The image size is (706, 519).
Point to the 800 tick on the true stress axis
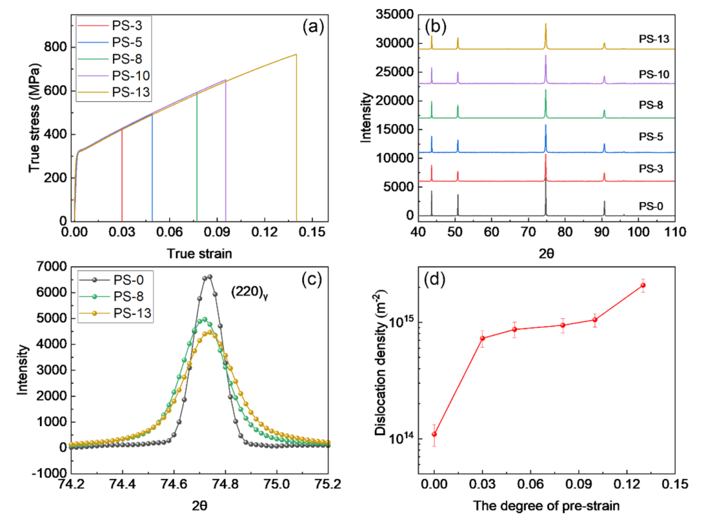pyautogui.click(x=56, y=47)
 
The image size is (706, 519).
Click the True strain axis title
pyautogui.click(x=199, y=253)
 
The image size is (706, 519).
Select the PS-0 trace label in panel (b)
pyautogui.click(x=651, y=207)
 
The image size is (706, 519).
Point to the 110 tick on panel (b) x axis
pyautogui.click(x=674, y=231)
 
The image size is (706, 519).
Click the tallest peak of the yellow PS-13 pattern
pyautogui.click(x=545, y=24)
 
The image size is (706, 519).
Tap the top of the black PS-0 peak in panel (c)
pyautogui.click(x=209, y=276)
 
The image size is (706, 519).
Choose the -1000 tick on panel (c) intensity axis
pyautogui.click(x=52, y=473)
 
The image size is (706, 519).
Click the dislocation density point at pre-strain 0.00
pyautogui.click(x=434, y=434)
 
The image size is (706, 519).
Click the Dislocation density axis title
pyautogui.click(x=379, y=371)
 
